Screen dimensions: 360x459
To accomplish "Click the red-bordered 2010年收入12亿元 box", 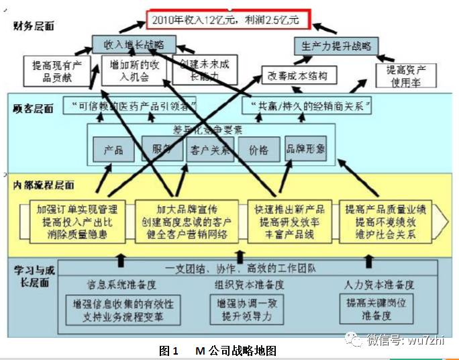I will [227, 19].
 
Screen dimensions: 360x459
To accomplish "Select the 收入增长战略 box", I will [134, 44].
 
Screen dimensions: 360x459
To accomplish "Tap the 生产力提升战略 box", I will [336, 46].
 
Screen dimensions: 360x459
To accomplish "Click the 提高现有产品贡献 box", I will [56, 71].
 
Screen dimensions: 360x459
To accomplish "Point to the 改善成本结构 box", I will [298, 75].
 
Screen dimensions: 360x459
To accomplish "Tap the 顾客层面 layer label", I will [32, 107].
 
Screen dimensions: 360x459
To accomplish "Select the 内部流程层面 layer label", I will [42, 185].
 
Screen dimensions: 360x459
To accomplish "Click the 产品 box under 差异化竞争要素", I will [113, 150].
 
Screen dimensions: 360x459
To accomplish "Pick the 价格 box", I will [258, 150].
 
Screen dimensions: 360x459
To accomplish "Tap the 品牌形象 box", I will [305, 148].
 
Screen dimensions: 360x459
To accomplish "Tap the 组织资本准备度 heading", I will [250, 284].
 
